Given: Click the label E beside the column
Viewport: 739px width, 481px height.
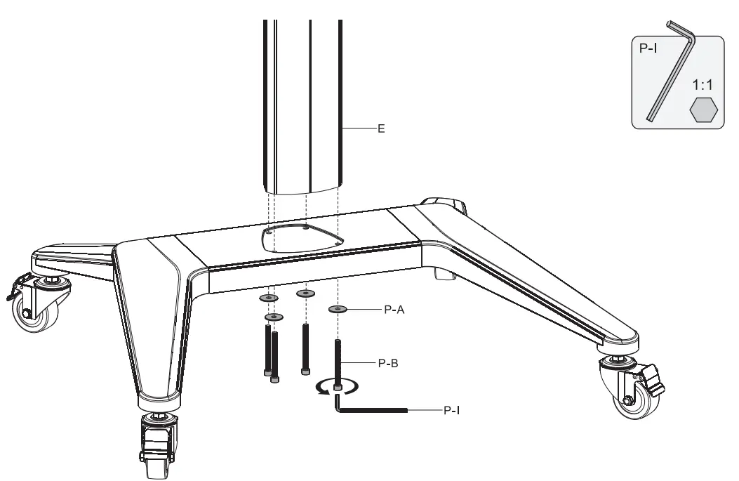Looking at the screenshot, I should [x=381, y=129].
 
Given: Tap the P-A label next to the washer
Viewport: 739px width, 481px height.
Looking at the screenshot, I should [x=394, y=308].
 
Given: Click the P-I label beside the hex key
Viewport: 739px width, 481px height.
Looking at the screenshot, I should [x=451, y=409].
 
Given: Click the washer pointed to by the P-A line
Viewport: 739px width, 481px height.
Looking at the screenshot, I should [x=338, y=308].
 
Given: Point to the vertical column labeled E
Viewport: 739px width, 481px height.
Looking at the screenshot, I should [x=302, y=105].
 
